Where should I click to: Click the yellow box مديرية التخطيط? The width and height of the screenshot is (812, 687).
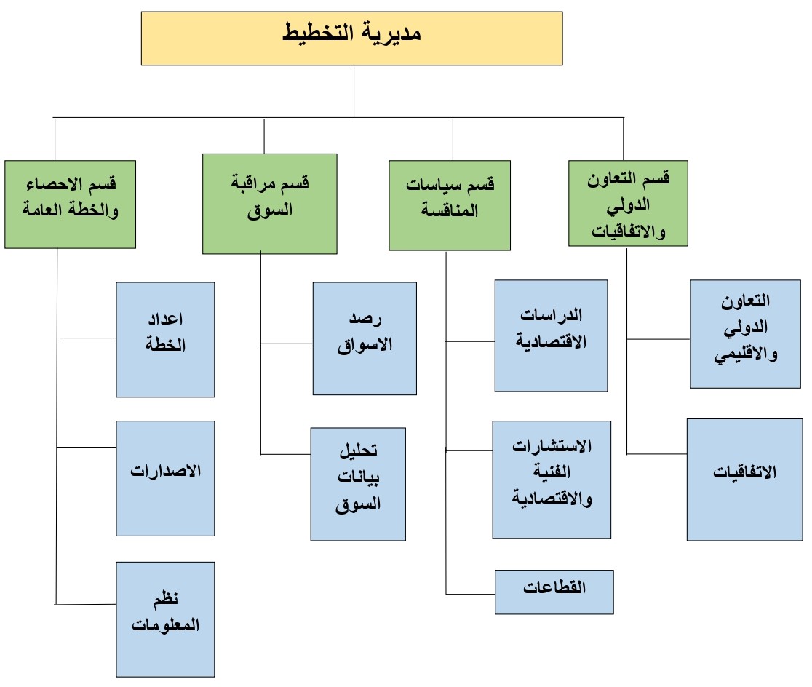[x=351, y=39]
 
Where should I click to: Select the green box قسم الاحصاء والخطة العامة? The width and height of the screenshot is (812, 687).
[x=71, y=204]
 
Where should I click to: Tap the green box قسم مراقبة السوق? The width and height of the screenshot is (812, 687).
[x=270, y=204]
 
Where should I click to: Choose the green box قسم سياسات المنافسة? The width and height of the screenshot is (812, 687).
[x=450, y=205]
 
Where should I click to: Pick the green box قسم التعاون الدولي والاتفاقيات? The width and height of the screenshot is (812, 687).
[x=628, y=203]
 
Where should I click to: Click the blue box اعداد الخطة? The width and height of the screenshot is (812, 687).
[x=165, y=340]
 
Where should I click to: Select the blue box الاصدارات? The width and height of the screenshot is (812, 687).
[x=165, y=478]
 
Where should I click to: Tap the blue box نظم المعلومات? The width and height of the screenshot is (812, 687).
[x=165, y=619]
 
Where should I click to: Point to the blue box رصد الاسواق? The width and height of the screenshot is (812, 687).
[x=365, y=338]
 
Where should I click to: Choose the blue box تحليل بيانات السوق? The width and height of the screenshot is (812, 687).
[x=358, y=485]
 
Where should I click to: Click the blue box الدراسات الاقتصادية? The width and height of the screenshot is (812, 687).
[x=551, y=335]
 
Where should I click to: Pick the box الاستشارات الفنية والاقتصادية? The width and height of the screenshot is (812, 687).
[x=552, y=480]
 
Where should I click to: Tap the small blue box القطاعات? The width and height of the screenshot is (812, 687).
[x=554, y=592]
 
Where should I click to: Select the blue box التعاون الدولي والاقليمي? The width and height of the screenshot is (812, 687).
[x=745, y=334]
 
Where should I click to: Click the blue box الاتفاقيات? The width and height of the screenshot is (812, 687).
[x=744, y=480]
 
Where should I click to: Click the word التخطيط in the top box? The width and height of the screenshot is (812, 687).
[x=318, y=33]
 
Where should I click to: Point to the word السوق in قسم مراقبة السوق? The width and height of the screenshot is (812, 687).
[x=270, y=210]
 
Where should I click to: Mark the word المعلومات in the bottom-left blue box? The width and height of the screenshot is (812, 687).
[x=165, y=625]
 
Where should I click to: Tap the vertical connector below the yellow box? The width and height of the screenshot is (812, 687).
[x=354, y=92]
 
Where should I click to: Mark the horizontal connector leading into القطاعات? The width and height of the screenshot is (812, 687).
[x=470, y=594]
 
